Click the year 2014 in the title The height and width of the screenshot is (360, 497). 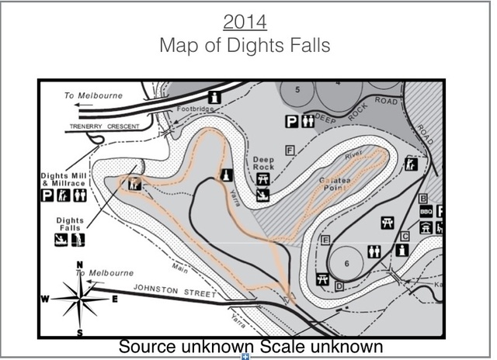tap(245, 20)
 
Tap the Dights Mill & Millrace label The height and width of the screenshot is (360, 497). tap(64, 180)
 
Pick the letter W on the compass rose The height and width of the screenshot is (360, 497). tap(46, 299)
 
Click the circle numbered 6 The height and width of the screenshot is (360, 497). tap(347, 263)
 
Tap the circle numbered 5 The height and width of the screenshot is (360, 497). tap(299, 91)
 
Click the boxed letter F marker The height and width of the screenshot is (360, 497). tap(290, 149)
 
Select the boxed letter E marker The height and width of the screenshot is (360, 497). tap(325, 239)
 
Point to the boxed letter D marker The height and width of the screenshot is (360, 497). tap(339, 287)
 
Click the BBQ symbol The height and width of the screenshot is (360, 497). tap(426, 211)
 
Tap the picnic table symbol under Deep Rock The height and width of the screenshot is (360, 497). tap(262, 178)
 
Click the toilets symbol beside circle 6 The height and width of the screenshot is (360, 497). tap(374, 251)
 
